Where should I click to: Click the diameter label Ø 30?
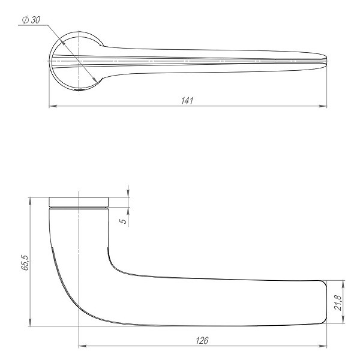pyautogui.click(x=31, y=20)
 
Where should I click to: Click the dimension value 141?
pyautogui.click(x=187, y=101)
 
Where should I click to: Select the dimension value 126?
pyautogui.click(x=202, y=340)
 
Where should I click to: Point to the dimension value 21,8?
pyautogui.click(x=337, y=303)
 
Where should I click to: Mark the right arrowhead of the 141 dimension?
pyautogui.click(x=325, y=106)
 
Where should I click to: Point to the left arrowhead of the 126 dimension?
pyautogui.click(x=81, y=346)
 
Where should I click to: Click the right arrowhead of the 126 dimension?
pyautogui.click(x=325, y=346)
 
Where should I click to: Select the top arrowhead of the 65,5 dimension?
pyautogui.click(x=29, y=199)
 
